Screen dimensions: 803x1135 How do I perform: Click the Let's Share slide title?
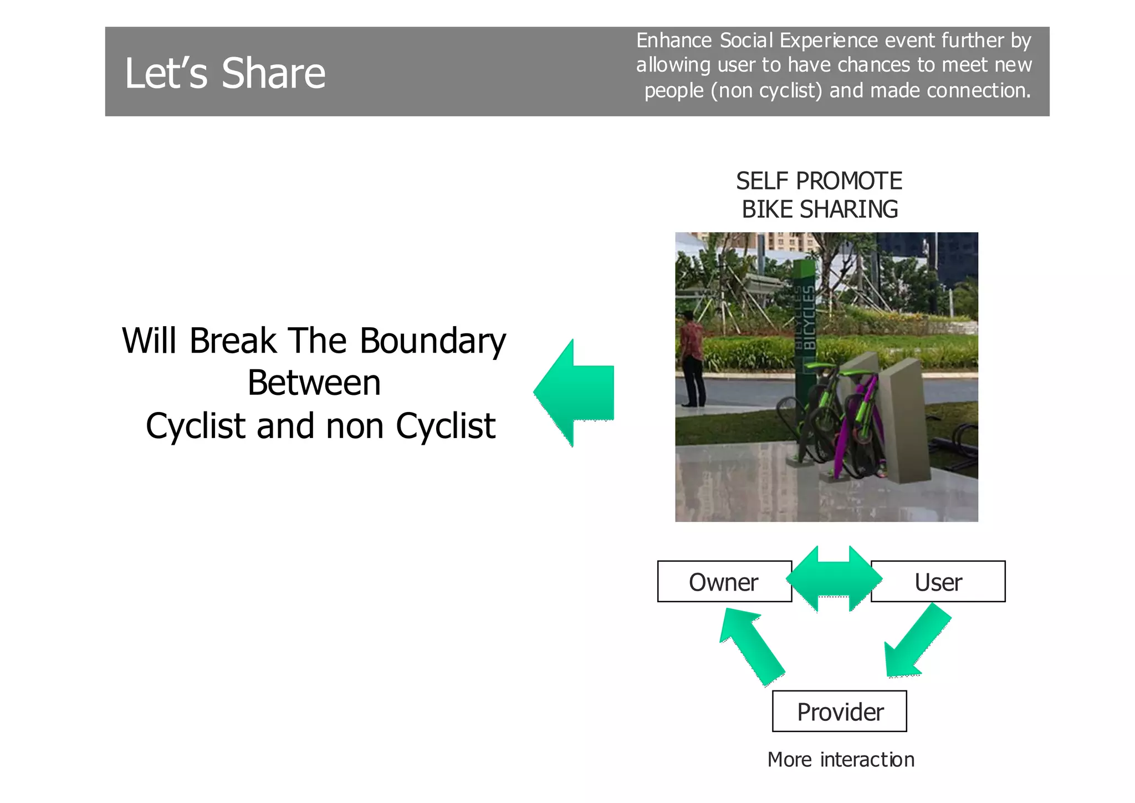[225, 73]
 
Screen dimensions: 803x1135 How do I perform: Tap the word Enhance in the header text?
[673, 40]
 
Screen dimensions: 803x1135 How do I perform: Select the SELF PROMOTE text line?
[819, 181]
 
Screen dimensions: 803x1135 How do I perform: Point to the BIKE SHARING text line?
[820, 210]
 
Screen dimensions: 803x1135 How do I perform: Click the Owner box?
[724, 582]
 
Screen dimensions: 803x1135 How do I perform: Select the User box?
[938, 582]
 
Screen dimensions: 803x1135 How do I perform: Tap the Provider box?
[839, 711]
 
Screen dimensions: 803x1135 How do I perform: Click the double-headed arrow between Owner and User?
[834, 579]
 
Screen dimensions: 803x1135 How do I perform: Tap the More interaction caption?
[841, 760]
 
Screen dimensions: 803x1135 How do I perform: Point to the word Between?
[314, 383]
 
